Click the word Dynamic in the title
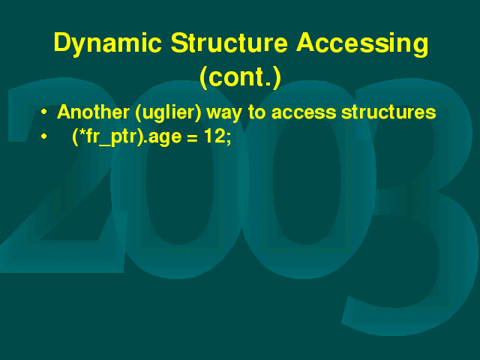[x=107, y=44]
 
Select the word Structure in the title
[x=229, y=43]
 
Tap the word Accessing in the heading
[x=361, y=44]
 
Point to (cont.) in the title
[x=240, y=77]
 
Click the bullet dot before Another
[x=44, y=112]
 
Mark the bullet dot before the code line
[x=44, y=136]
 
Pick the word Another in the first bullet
[x=93, y=112]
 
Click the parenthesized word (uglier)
[x=168, y=112]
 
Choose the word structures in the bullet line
[x=388, y=112]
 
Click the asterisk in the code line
[x=82, y=132]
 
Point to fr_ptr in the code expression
[x=112, y=137]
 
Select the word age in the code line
[x=165, y=138]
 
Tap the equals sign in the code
[x=192, y=139]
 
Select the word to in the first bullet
[x=256, y=112]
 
